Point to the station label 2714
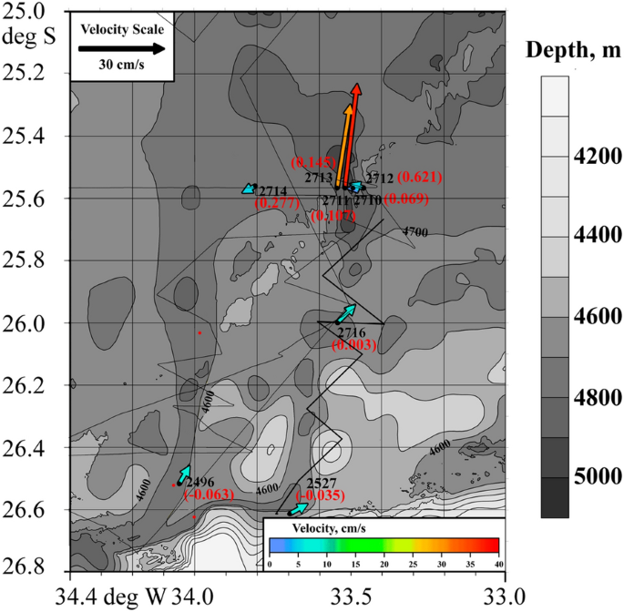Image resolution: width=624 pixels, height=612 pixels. pos(272,190)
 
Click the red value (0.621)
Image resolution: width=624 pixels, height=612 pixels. pos(421,176)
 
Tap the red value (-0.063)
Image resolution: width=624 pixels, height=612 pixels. pos(210,495)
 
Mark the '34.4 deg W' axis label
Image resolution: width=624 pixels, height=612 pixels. pos(110,596)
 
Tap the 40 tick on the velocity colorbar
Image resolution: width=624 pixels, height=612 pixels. pos(496,565)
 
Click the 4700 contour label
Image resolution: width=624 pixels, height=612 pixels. pos(414,233)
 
